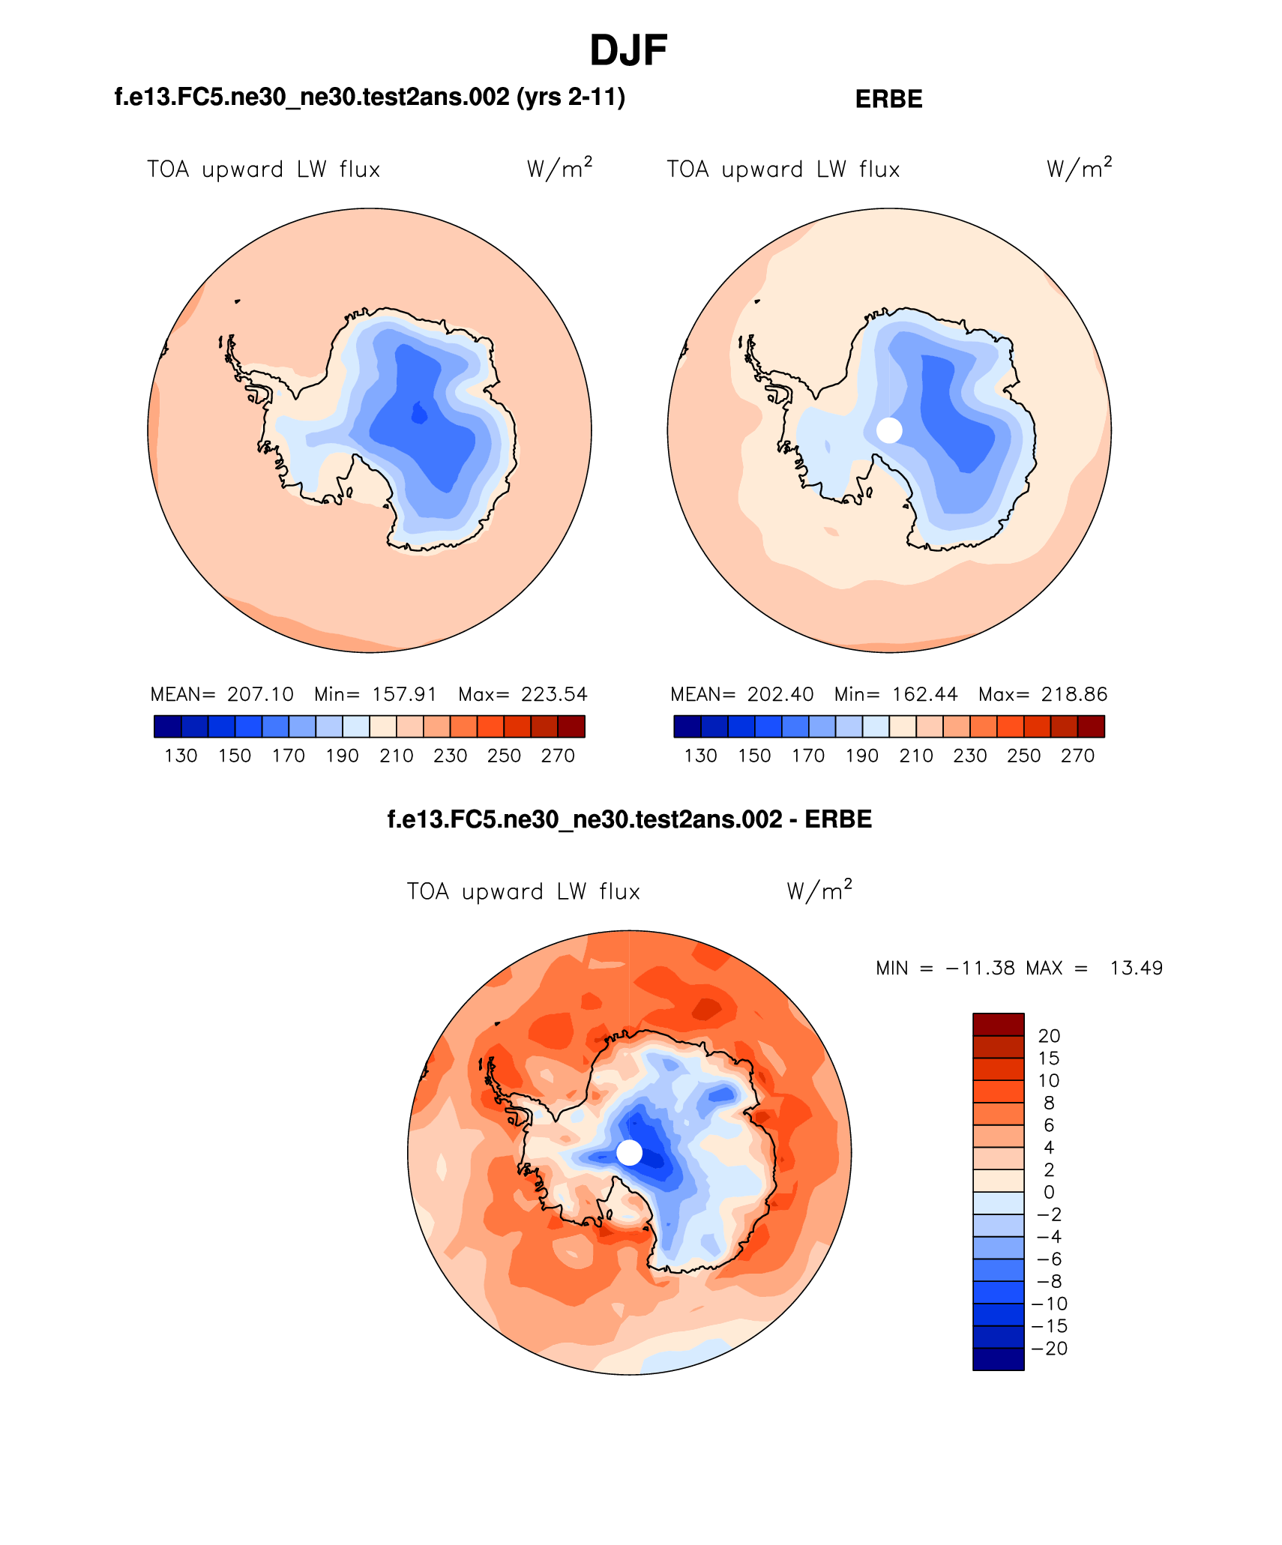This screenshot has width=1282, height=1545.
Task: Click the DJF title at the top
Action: click(628, 51)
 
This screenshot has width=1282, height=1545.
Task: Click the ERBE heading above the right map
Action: click(888, 99)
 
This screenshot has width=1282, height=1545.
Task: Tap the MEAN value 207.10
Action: click(260, 694)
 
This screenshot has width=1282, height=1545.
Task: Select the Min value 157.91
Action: click(404, 694)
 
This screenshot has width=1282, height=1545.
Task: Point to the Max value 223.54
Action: click(554, 694)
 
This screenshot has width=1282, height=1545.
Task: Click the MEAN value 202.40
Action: click(780, 694)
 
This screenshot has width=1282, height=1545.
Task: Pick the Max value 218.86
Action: click(1074, 694)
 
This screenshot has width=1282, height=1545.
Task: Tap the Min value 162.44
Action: click(924, 694)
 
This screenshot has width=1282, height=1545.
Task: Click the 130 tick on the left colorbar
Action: click(181, 756)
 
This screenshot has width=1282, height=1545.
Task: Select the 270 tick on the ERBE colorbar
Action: click(1077, 756)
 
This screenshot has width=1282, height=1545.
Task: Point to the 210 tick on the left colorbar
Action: click(396, 756)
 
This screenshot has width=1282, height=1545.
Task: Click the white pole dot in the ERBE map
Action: click(889, 430)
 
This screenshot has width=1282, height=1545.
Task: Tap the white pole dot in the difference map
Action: click(630, 1152)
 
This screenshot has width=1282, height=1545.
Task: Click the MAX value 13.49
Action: click(1136, 968)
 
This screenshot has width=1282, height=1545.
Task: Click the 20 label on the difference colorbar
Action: click(1049, 1036)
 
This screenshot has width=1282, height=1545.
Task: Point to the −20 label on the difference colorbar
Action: click(1050, 1348)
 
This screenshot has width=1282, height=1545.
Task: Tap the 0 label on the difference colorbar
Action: click(1049, 1192)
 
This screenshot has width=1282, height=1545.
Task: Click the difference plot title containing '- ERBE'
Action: click(629, 819)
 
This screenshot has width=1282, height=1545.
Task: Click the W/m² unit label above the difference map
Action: click(819, 891)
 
